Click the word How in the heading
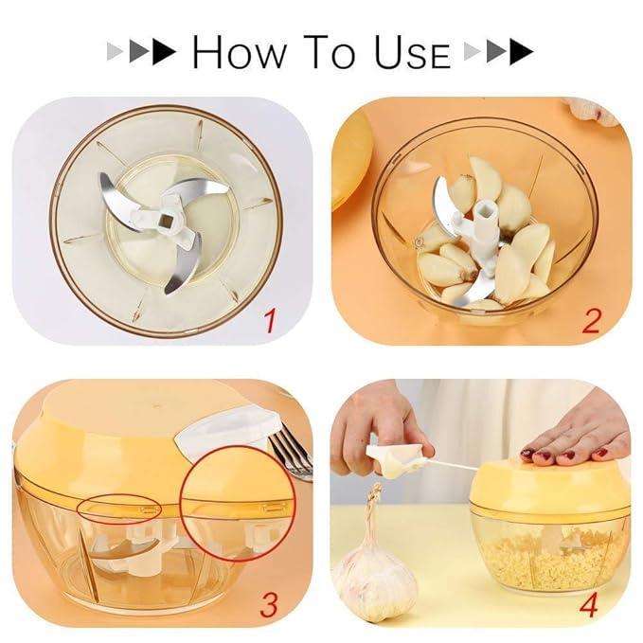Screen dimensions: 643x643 click(239, 51)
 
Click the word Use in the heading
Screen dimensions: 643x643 click(412, 51)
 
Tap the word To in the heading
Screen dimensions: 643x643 click(330, 51)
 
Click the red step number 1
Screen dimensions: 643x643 click(269, 321)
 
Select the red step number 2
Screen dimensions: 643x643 click(591, 321)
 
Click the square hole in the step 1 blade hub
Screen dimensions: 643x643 click(166, 223)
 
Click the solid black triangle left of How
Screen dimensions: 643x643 click(165, 52)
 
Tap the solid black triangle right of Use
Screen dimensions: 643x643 click(521, 52)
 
